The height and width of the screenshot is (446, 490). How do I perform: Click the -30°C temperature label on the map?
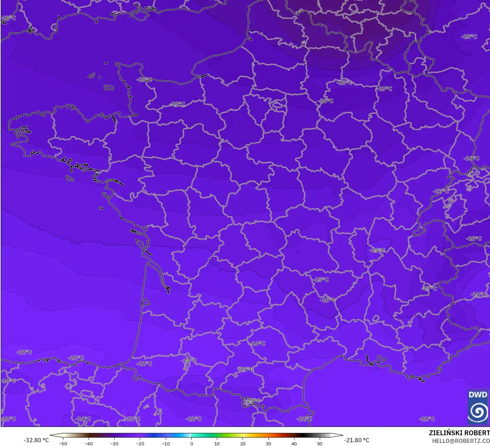click(326, 101)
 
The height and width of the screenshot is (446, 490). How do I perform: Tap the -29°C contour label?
click(385, 89)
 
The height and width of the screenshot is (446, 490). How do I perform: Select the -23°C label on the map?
click(246, 369)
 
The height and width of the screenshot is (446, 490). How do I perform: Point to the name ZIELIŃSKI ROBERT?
click(459, 433)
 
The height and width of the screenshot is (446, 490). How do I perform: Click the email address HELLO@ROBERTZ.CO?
click(461, 441)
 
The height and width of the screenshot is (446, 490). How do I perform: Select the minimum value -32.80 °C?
click(36, 440)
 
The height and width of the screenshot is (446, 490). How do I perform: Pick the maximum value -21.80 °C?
click(357, 440)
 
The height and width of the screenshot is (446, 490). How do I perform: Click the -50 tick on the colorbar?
click(63, 444)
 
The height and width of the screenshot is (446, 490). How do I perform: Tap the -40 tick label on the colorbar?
click(89, 444)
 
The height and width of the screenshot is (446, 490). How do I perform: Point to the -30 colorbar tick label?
click(114, 444)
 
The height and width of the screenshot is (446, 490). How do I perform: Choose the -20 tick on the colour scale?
click(140, 444)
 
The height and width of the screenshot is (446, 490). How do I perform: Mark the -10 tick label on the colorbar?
click(165, 444)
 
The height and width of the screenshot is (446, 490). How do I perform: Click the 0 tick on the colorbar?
click(191, 444)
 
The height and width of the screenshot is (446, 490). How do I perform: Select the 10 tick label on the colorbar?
click(217, 444)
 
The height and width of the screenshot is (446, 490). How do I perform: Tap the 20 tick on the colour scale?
click(243, 444)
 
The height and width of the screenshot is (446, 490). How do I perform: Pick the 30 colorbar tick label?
click(268, 444)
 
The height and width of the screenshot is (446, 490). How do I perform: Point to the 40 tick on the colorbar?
click(294, 444)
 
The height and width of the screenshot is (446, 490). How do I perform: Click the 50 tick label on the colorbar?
click(319, 444)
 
